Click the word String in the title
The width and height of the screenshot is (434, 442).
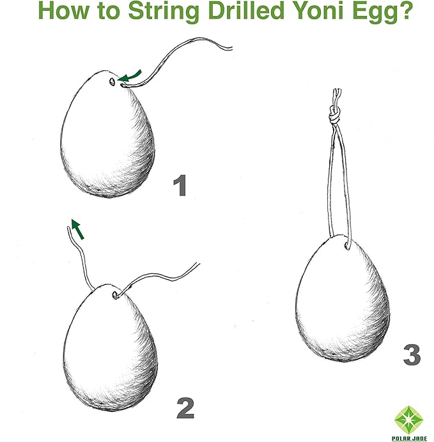(164, 11)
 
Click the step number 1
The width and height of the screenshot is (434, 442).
(180, 185)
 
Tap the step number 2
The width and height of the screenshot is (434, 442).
(185, 408)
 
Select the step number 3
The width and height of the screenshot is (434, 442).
(412, 354)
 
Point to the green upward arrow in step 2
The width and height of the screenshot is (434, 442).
(77, 229)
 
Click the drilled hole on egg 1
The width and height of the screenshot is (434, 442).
(112, 82)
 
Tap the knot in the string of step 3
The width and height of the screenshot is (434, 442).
(334, 115)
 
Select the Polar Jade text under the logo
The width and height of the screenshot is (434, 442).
(409, 438)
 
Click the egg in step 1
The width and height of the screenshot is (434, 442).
(107, 133)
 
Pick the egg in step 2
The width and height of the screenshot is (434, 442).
(110, 347)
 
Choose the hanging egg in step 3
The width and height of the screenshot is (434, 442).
(343, 298)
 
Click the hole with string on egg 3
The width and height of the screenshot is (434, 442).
(347, 246)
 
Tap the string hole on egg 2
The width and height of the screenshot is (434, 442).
(115, 295)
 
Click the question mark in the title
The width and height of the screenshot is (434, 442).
(404, 10)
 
